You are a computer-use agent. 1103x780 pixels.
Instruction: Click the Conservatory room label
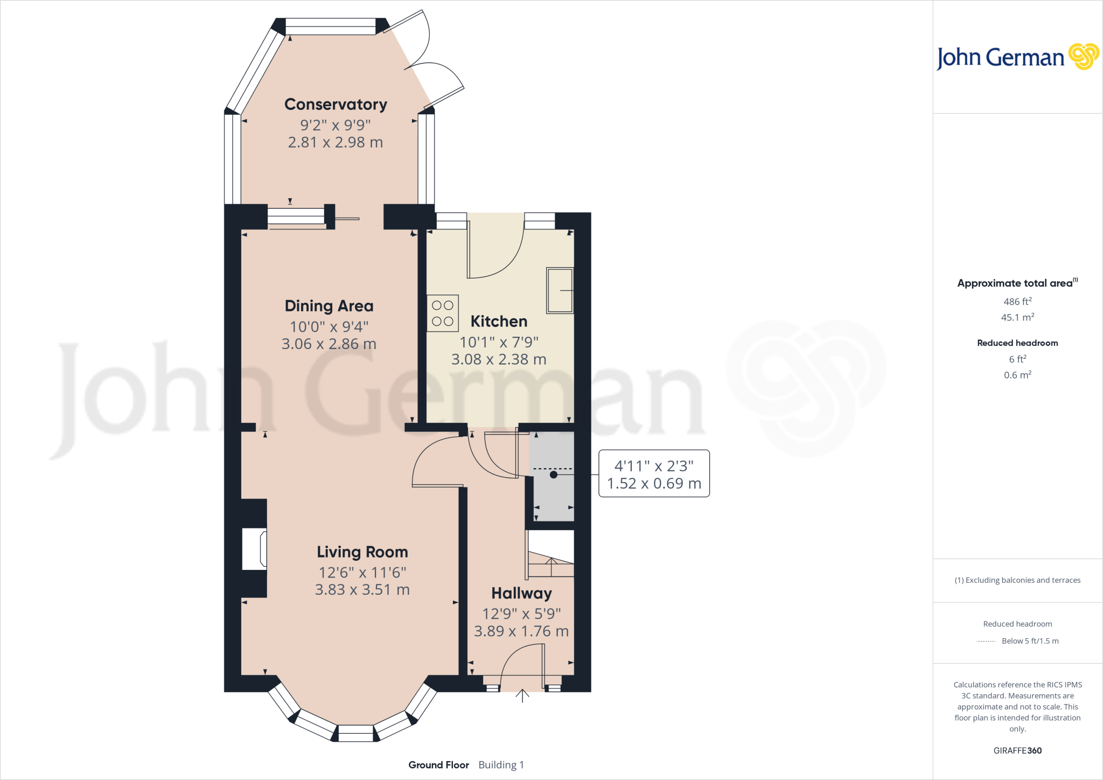(336, 105)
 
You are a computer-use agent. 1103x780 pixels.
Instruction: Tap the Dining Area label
(329, 306)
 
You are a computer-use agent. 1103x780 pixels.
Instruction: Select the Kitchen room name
(499, 322)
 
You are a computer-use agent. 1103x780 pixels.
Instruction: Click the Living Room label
(362, 552)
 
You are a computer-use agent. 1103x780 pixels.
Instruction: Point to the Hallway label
(521, 594)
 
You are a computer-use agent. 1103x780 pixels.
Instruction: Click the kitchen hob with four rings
(443, 313)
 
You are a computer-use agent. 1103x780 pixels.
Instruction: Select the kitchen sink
(560, 290)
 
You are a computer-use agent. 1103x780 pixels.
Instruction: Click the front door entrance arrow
(522, 696)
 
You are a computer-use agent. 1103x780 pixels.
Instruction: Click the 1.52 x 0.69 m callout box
(654, 473)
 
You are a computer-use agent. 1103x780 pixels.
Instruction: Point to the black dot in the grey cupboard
(554, 475)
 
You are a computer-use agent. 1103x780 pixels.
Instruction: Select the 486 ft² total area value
(1017, 302)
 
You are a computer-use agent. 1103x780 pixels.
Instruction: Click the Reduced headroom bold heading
(1017, 343)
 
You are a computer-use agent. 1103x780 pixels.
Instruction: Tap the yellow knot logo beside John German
(1083, 57)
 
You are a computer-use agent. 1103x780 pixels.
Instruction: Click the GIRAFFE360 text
(1017, 750)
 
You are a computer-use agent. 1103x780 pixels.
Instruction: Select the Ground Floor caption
(438, 765)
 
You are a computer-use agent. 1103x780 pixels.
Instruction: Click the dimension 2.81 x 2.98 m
(335, 143)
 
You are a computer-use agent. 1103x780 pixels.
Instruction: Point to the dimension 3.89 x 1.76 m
(521, 631)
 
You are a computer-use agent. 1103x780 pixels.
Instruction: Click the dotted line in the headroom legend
(986, 642)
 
